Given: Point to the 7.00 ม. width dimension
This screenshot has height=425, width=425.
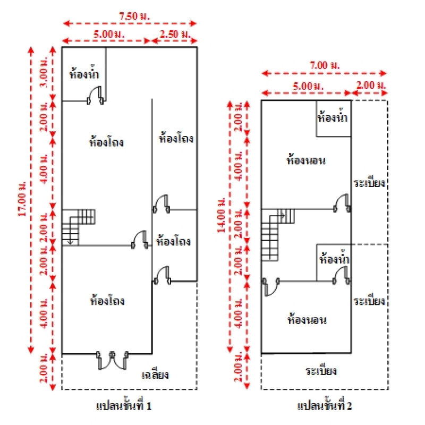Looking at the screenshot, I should coord(324,65).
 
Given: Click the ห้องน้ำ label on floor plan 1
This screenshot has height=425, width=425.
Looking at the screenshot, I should coord(84,74).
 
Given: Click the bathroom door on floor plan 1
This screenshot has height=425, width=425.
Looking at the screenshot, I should coord(96,96).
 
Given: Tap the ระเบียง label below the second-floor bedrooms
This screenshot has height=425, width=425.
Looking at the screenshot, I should coord(321,370).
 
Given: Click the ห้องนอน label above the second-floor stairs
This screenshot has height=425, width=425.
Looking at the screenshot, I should coord(305,159).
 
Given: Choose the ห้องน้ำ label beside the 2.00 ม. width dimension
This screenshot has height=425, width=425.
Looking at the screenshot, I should coord(333,116).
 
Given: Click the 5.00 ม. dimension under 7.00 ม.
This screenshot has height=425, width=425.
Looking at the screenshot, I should coord(301,85).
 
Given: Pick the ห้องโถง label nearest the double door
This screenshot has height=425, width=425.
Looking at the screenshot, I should coord(107,301).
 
